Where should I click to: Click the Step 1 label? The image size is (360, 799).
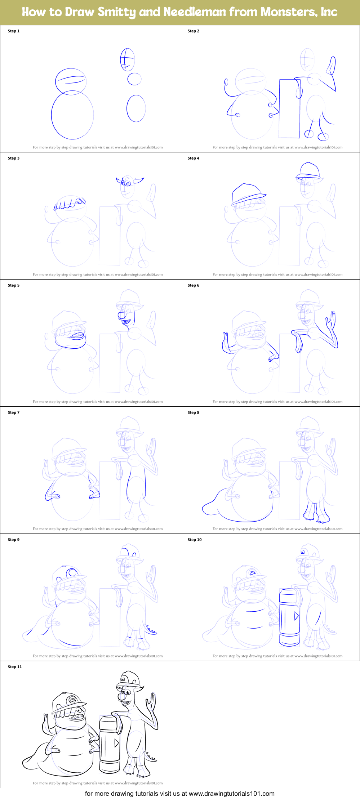[14, 31]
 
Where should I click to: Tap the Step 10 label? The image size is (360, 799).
[195, 540]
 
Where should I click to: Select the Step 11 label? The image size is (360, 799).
[15, 667]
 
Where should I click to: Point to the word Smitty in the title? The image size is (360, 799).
[117, 12]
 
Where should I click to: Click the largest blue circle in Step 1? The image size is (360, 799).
[72, 115]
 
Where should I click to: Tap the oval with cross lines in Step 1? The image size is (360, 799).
[127, 60]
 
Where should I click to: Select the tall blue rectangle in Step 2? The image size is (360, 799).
[289, 108]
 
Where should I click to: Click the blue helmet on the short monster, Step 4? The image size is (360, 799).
[248, 193]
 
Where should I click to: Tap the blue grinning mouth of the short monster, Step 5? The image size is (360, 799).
[77, 336]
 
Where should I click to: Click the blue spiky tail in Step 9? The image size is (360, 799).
[151, 630]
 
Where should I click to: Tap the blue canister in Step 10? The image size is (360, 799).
[289, 617]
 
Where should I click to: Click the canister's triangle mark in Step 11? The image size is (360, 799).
[116, 743]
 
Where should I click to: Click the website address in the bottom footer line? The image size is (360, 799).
[231, 794]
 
